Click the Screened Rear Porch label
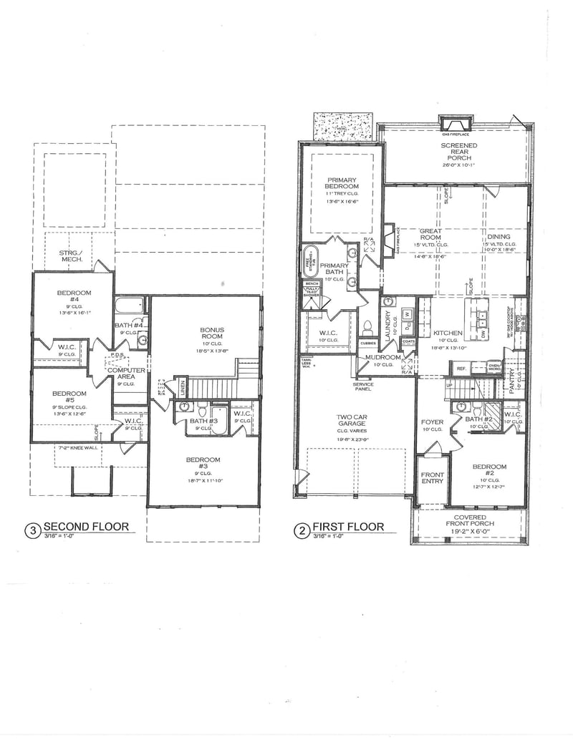[459, 150]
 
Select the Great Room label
[430, 231]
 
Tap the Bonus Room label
[212, 334]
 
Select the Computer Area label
[126, 373]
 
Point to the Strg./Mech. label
[72, 255]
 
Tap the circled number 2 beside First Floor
[302, 531]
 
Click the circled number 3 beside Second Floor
[32, 531]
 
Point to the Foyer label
[432, 422]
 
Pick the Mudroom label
[383, 356]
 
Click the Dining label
[499, 237]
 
